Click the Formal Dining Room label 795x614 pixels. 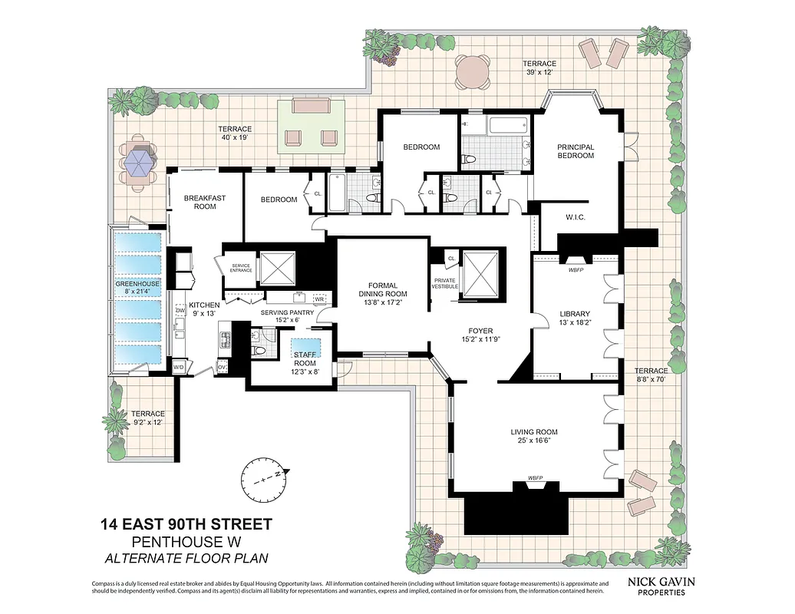[x=382, y=289]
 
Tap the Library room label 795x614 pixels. [x=574, y=314]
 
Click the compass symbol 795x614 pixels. [x=265, y=477]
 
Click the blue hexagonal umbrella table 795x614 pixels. [x=139, y=163]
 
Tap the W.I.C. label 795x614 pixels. [x=575, y=217]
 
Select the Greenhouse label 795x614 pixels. [x=138, y=284]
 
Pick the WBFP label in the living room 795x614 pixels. [x=535, y=479]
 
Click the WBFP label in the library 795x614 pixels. [x=576, y=270]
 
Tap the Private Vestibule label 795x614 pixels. [x=445, y=283]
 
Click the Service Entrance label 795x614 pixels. [x=240, y=269]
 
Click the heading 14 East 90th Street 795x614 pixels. [x=186, y=525]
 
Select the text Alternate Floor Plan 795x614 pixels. [x=186, y=558]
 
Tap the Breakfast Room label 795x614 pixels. [x=205, y=202]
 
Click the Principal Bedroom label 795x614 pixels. [x=576, y=151]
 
